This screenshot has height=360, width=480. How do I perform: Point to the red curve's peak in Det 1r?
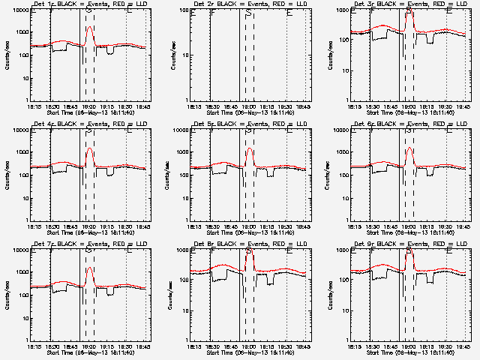point(89,27)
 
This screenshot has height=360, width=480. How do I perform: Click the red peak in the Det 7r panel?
point(89,268)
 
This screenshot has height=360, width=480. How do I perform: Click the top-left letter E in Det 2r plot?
point(193,13)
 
